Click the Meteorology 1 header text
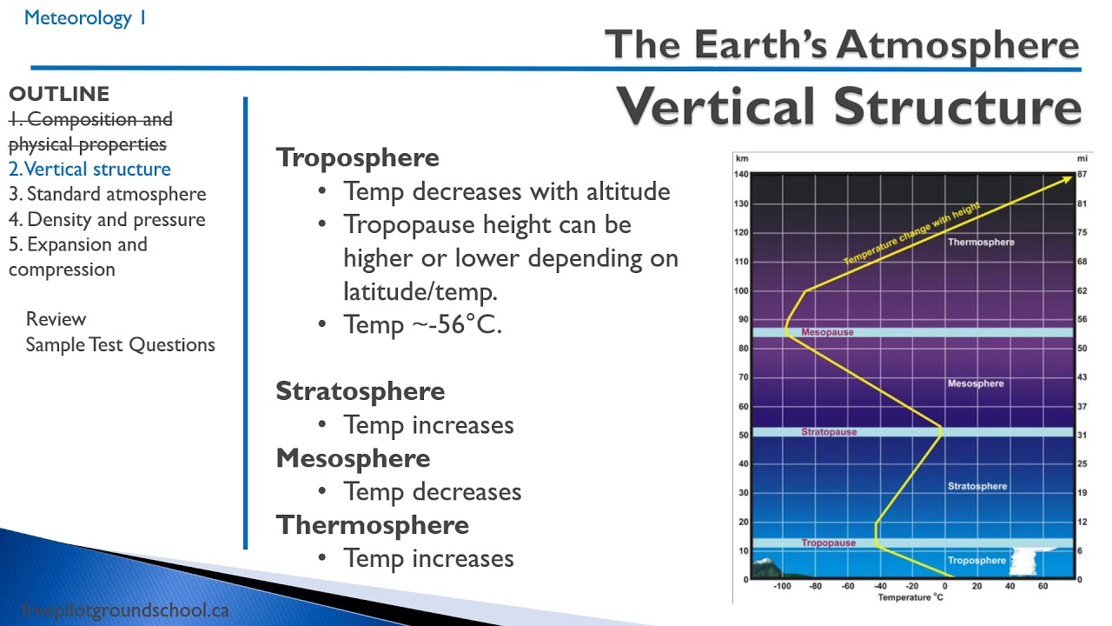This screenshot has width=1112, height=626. pyautogui.click(x=85, y=17)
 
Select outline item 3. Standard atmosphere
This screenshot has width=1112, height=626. pyautogui.click(x=108, y=194)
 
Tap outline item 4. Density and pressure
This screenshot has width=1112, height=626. pyautogui.click(x=107, y=219)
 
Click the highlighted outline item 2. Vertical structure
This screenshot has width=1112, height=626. pyautogui.click(x=89, y=170)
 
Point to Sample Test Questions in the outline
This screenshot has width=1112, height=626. pyautogui.click(x=120, y=344)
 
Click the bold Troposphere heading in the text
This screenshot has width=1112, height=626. pyautogui.click(x=357, y=157)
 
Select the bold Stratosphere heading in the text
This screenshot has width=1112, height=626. pyautogui.click(x=360, y=391)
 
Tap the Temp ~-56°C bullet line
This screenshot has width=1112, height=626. pyautogui.click(x=422, y=325)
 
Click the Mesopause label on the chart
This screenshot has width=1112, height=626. pyautogui.click(x=827, y=332)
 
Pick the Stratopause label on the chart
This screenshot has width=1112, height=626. pyautogui.click(x=829, y=432)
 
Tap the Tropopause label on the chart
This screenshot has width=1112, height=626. pyautogui.click(x=828, y=543)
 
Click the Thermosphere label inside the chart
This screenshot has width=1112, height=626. pyautogui.click(x=981, y=242)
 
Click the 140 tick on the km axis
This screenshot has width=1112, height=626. pyautogui.click(x=741, y=175)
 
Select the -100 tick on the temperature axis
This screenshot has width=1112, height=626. pyautogui.click(x=782, y=586)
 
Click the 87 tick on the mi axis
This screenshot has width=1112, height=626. pyautogui.click(x=1082, y=175)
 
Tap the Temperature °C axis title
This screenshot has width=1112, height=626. pyautogui.click(x=910, y=597)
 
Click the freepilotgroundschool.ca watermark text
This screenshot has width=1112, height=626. pyautogui.click(x=124, y=610)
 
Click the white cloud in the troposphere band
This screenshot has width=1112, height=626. pyautogui.click(x=1025, y=561)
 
